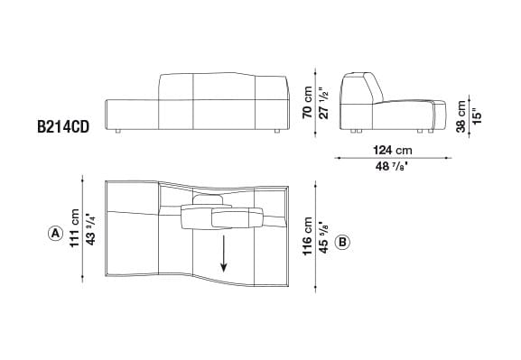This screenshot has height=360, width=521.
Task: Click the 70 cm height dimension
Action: click(x=307, y=100)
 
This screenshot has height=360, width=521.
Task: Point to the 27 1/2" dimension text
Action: click(x=321, y=99)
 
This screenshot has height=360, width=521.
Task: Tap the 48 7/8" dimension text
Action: click(x=391, y=166)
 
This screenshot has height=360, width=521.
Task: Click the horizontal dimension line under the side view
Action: click(x=391, y=157)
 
